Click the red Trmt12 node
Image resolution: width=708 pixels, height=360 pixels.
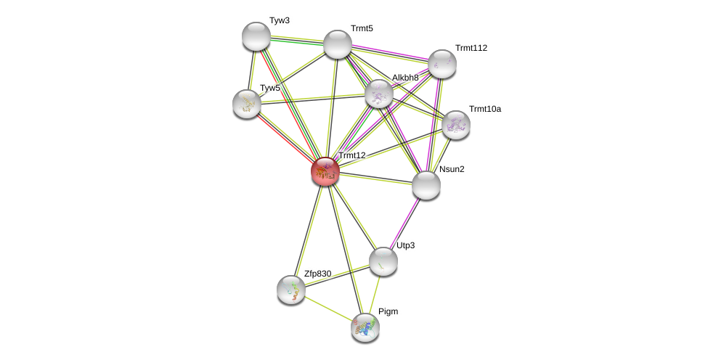coord(325,171)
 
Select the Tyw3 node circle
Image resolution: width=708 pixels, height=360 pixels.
coord(256,36)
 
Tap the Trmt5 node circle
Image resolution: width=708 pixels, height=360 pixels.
coord(338,44)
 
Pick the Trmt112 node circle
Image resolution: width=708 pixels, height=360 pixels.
coord(442,64)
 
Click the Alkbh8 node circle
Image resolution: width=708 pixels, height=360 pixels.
coord(379,94)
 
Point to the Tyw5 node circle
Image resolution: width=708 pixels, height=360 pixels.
coord(247,104)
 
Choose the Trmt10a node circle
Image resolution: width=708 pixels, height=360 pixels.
coord(455,125)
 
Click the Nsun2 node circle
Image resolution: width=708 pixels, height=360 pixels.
coord(426,185)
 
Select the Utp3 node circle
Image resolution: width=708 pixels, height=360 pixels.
coord(383,261)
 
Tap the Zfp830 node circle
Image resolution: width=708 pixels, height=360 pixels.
coord(291,290)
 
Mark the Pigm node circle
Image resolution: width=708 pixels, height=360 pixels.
coord(365,327)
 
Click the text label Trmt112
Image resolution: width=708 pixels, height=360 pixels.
coord(471,48)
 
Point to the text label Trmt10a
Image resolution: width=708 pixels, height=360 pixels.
coord(484,109)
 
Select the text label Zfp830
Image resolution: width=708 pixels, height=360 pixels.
coord(317,274)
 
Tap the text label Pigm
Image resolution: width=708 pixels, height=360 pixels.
coord(388,311)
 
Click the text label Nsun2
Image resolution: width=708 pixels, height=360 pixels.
coord(452,169)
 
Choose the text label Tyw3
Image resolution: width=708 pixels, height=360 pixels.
coord(279,20)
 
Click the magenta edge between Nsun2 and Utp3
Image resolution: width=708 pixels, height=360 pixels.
coord(405,223)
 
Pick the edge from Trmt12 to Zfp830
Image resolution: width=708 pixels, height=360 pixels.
coord(308,231)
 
